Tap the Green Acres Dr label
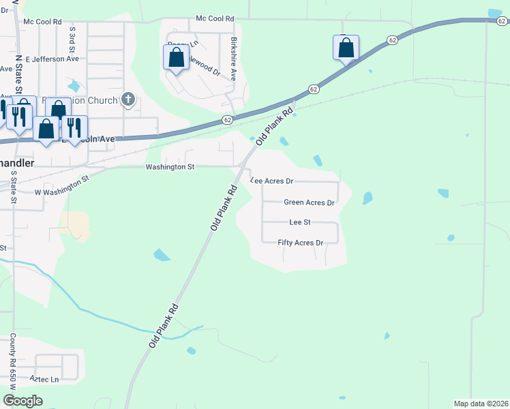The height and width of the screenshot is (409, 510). (309, 202)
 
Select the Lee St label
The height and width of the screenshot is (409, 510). (300, 222)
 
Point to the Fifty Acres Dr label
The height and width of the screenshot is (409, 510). (300, 243)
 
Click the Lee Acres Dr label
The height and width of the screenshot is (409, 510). (272, 181)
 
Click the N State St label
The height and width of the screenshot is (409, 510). (20, 75)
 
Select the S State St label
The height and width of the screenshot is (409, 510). (13, 186)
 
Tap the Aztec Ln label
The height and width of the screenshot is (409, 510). (44, 378)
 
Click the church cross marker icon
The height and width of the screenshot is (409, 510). (127, 100)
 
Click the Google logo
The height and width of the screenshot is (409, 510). (22, 401)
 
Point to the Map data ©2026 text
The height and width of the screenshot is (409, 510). (481, 404)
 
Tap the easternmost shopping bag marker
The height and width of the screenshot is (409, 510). (346, 48)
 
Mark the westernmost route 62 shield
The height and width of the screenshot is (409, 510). (227, 120)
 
